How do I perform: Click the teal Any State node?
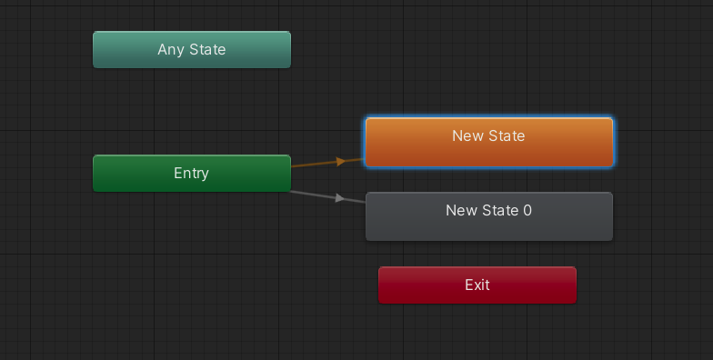(191, 50)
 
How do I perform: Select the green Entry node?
(191, 173)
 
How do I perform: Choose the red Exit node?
(477, 285)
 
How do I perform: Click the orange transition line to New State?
(314, 164)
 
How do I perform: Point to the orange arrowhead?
(341, 161)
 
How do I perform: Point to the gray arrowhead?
(340, 198)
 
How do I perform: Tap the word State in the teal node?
(207, 49)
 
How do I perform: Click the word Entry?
(191, 173)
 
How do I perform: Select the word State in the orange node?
(507, 135)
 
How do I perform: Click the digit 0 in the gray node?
(527, 210)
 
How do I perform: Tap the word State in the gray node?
(500, 210)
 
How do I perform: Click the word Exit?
(477, 285)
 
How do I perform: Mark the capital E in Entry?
(177, 173)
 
